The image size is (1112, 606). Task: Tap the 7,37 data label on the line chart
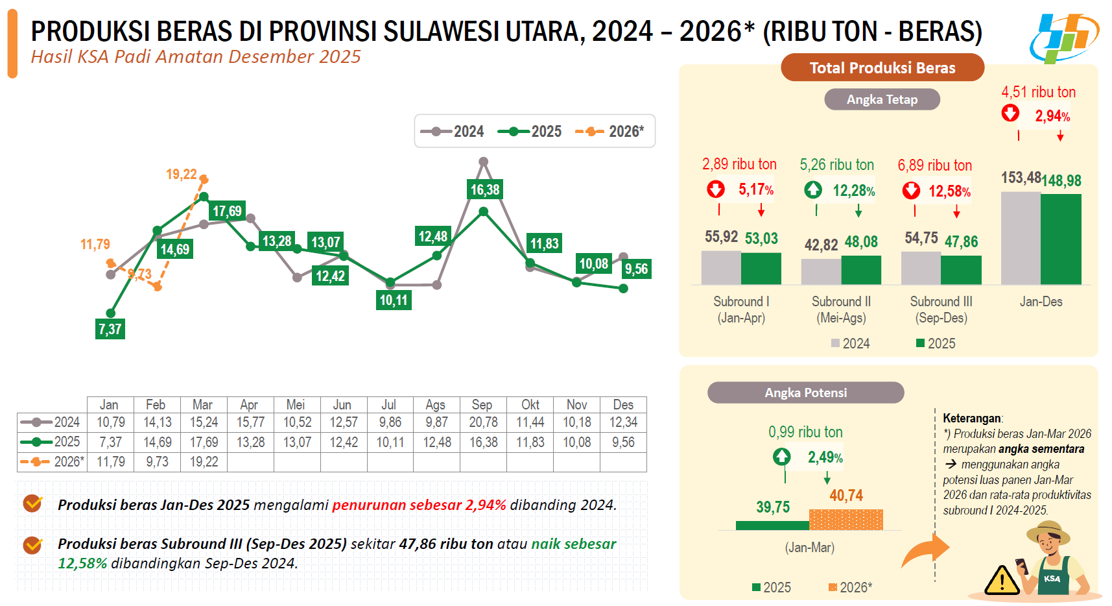pyautogui.click(x=110, y=329)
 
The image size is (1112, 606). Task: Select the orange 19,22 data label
pyautogui.click(x=181, y=175)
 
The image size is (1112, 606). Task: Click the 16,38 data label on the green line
pyautogui.click(x=485, y=189)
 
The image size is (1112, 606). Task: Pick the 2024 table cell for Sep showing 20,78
pyautogui.click(x=483, y=422)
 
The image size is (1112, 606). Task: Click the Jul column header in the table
pyautogui.click(x=389, y=405)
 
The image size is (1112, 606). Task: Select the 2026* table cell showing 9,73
pyautogui.click(x=157, y=462)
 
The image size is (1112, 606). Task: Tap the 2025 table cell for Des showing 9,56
pyautogui.click(x=623, y=442)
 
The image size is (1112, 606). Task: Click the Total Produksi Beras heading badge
pyautogui.click(x=882, y=68)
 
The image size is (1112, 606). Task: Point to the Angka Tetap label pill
pyautogui.click(x=882, y=100)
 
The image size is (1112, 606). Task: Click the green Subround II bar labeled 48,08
pyautogui.click(x=861, y=270)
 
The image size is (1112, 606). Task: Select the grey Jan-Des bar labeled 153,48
pyautogui.click(x=1021, y=238)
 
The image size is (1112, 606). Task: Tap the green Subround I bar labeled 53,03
pyautogui.click(x=761, y=268)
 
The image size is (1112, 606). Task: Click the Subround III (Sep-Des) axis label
pyautogui.click(x=941, y=309)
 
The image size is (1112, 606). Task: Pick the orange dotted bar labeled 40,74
pyautogui.click(x=846, y=520)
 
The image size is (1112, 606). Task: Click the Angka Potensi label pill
pyautogui.click(x=805, y=393)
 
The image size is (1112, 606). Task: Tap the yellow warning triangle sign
pyautogui.click(x=1002, y=580)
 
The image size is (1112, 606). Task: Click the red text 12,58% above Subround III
pyautogui.click(x=949, y=191)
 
